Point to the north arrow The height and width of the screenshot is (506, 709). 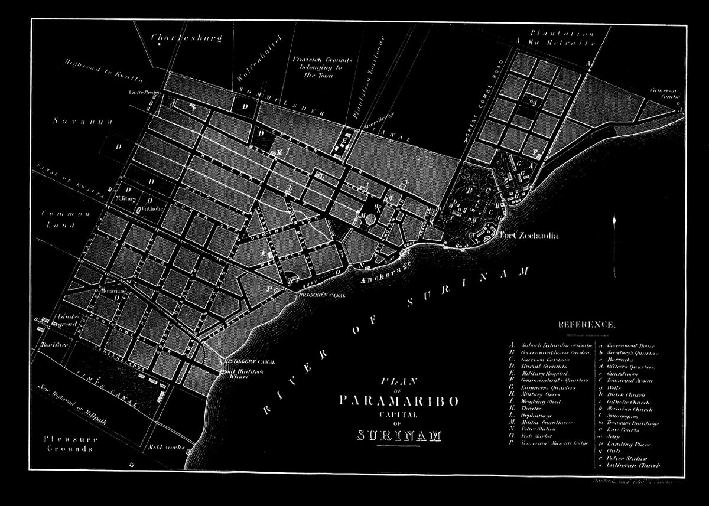pyautogui.click(x=615, y=227)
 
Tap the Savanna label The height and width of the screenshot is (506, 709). pyautogui.click(x=74, y=122)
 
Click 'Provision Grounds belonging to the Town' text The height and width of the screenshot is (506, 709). pyautogui.click(x=323, y=67)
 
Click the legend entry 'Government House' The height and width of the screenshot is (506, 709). pyautogui.click(x=630, y=345)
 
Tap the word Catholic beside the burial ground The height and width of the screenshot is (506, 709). pyautogui.click(x=151, y=208)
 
